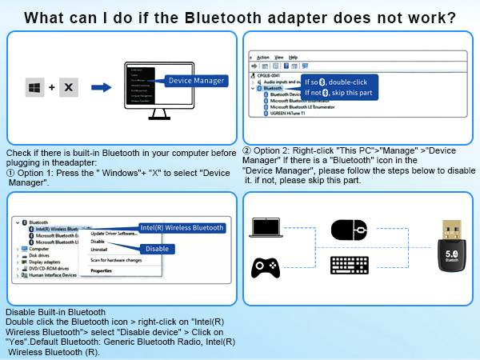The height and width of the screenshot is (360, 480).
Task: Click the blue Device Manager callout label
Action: point(196,80)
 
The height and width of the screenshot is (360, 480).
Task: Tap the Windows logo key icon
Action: point(35,87)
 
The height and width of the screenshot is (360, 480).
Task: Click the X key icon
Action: point(68,87)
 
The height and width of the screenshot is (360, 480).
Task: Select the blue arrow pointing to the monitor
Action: point(101,87)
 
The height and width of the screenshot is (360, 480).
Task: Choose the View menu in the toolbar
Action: point(279,58)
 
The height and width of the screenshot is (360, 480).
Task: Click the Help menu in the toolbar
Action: point(294,58)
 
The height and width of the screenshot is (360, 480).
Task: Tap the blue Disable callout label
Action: point(157,248)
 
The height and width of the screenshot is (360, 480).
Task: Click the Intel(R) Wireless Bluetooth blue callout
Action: point(182,227)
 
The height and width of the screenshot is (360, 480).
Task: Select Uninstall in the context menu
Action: point(98,249)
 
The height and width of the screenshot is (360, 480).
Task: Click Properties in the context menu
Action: point(101,270)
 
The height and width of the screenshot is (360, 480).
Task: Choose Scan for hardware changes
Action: point(117,260)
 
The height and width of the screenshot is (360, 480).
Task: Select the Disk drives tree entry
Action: point(39,256)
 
